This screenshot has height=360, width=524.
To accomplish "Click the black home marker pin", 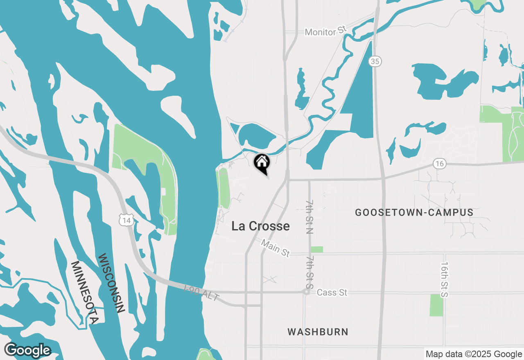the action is pos(262,163).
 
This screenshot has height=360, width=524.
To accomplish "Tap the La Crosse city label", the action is pos(260,226).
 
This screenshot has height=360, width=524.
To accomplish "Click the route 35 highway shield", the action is pos(375,61).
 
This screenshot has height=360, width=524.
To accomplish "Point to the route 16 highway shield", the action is pos(439,164).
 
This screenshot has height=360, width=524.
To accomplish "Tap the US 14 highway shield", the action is pos(126,220).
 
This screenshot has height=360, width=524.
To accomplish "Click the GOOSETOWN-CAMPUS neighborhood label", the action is pos(414,212).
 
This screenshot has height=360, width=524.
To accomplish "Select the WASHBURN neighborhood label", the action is pos(318,331).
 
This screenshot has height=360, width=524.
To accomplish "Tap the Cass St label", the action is pos(332,292).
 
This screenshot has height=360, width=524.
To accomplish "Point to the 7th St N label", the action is pos(309,217).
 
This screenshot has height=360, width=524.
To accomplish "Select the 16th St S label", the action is pos(445,280).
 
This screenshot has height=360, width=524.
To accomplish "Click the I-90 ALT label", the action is pos(201,293).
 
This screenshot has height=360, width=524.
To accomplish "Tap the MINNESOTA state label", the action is pos(85,292).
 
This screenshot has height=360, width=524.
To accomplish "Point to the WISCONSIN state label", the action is pos(111,283).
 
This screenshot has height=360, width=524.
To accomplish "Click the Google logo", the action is pos(27,350).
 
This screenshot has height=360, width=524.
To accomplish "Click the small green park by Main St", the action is pos(316,250).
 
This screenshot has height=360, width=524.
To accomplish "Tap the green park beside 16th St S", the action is pos(436,305).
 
